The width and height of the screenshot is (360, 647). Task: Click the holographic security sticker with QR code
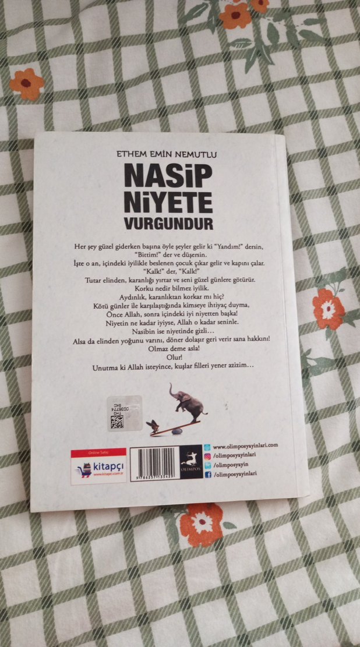(x=125, y=413)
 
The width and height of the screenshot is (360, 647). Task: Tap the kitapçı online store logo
(x=98, y=466)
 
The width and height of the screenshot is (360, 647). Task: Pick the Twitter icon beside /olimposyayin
(x=208, y=465)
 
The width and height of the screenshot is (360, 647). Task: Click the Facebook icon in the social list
(x=208, y=474)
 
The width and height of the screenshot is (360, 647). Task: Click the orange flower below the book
(x=201, y=524)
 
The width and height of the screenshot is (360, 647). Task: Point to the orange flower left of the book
(x=26, y=84)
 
